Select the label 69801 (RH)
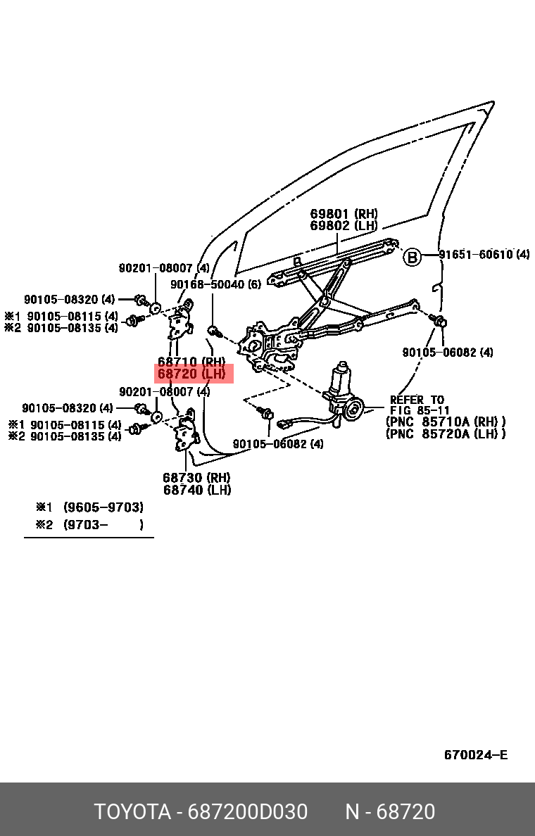point(344,214)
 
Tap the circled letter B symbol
point(412,257)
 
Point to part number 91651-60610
point(476,255)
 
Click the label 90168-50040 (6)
point(215,284)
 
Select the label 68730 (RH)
point(197,477)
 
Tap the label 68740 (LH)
point(197,490)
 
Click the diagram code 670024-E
point(475,755)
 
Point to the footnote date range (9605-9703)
point(103,507)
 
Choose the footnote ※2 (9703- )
point(90,524)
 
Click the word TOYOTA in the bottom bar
point(133,812)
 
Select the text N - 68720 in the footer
point(389,812)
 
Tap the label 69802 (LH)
point(344,226)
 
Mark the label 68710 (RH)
point(190,362)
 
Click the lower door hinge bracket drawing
point(187,434)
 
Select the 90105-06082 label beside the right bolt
point(448,352)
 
